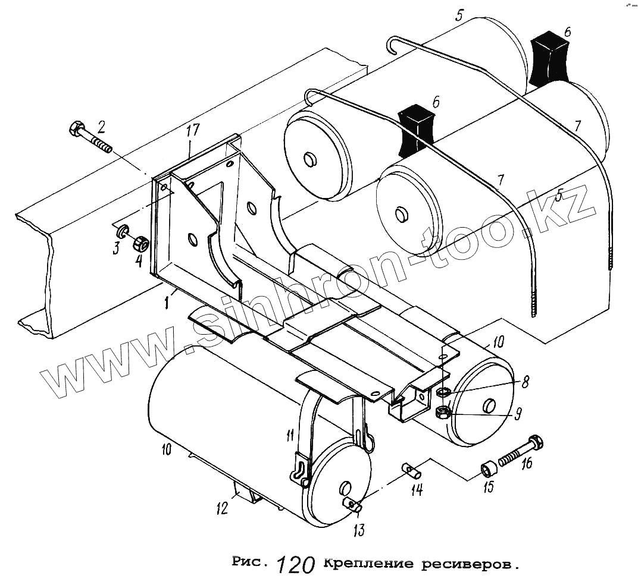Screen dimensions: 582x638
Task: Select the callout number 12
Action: [222, 509]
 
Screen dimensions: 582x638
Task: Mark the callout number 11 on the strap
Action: [289, 436]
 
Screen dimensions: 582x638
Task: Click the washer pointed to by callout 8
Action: [442, 392]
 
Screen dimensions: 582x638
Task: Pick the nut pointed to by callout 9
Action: [442, 412]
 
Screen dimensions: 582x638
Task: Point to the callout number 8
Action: [525, 382]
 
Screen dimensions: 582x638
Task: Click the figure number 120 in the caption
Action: [295, 565]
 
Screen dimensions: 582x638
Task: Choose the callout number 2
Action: [102, 125]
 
